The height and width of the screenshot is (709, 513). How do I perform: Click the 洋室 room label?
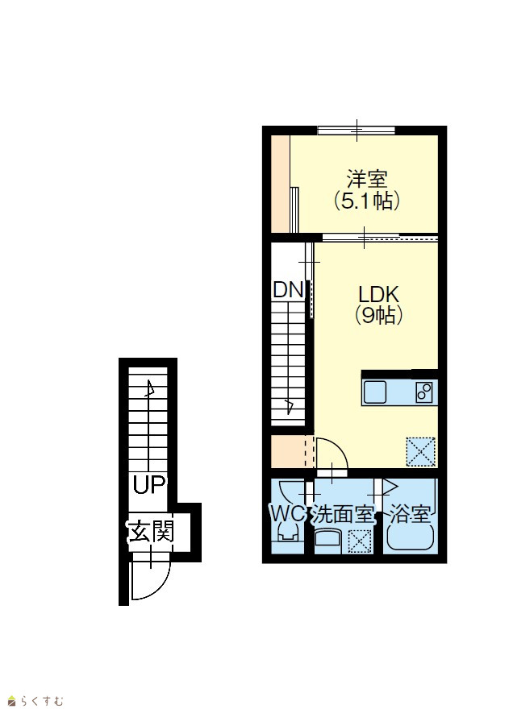click(367, 179)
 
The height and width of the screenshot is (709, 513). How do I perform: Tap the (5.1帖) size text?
click(367, 201)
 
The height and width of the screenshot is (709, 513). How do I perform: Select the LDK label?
click(378, 294)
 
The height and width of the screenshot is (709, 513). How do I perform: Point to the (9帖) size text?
click(378, 315)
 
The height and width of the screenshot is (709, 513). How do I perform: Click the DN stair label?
click(288, 290)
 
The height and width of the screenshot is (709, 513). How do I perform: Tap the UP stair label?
click(149, 485)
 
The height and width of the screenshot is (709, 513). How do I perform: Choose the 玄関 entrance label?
click(151, 531)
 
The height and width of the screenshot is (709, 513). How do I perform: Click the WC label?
click(287, 513)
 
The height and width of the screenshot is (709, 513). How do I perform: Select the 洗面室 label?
click(343, 514)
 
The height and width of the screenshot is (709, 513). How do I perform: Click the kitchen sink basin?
click(375, 392)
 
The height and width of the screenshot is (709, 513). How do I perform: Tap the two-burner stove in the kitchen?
click(424, 392)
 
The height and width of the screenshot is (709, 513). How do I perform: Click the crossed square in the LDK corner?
click(420, 451)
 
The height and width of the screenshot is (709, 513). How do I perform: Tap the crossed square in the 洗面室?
click(360, 541)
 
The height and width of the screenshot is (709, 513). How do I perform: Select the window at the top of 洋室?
click(357, 131)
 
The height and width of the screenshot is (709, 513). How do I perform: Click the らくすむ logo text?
click(41, 701)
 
